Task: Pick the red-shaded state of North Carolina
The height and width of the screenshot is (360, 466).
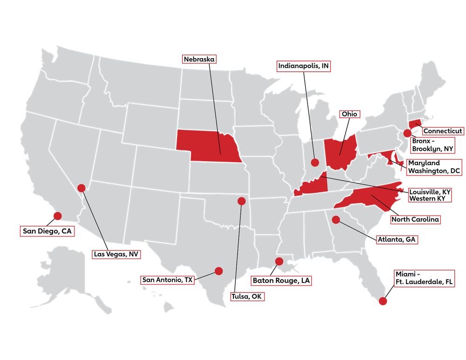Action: pos(368,197)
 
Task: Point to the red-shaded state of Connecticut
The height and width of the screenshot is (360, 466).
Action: pos(415,125)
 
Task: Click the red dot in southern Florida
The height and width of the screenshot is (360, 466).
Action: pos(383,301)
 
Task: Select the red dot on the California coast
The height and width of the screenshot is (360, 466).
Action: pos(57,216)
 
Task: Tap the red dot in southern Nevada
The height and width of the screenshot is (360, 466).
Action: pos(81,188)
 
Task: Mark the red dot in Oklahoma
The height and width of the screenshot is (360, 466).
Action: pos(241,201)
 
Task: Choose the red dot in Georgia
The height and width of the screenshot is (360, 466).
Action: pos(336,220)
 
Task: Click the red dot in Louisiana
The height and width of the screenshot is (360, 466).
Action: pos(279,261)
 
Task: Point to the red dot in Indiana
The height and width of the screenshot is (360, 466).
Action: pos(315,163)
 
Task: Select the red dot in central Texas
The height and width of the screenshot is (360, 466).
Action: pos(219,271)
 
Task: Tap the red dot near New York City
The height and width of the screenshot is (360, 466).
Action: pos(407,133)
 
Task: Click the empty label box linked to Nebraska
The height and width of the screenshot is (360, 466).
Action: pos(199,59)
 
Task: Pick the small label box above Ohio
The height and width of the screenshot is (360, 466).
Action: pos(349,114)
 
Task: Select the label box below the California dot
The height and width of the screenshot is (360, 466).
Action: pos(47,231)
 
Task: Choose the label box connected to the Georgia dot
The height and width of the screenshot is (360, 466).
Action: pos(397,240)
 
